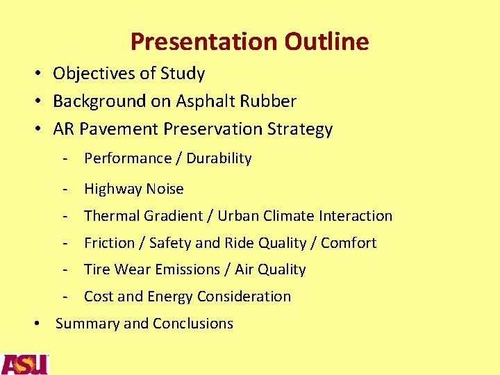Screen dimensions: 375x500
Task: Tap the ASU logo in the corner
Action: pos(24,364)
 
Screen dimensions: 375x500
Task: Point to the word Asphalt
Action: pos(206,101)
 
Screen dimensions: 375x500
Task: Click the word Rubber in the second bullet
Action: pos(269,101)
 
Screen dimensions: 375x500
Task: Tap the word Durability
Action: pos(217,158)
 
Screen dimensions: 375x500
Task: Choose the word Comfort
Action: pos(350,243)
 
